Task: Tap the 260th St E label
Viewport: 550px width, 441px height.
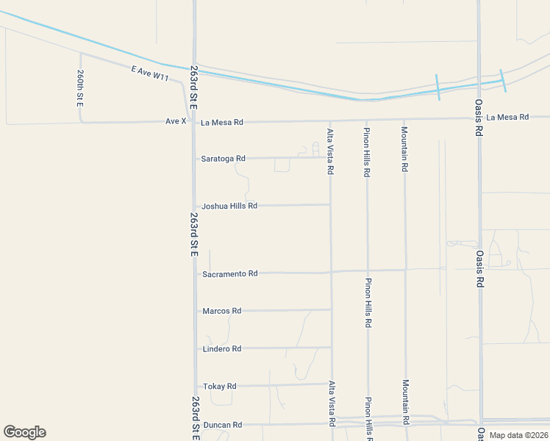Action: [80, 88]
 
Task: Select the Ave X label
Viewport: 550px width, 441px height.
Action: [176, 121]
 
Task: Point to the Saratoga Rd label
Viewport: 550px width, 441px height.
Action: [223, 158]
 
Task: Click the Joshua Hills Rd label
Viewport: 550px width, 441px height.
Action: [229, 206]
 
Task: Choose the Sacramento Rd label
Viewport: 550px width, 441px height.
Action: [229, 273]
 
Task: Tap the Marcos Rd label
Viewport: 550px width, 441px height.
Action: [221, 311]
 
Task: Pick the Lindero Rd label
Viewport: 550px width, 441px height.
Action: [221, 348]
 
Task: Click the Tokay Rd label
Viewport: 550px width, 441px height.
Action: [219, 386]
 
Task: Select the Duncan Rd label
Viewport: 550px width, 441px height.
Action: [222, 425]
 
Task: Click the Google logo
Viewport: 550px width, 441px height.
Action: [24, 432]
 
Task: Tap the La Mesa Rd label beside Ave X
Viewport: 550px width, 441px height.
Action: [221, 122]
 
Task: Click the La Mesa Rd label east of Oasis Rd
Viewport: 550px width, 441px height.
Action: [507, 117]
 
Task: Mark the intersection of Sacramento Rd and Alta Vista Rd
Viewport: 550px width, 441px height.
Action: [331, 272]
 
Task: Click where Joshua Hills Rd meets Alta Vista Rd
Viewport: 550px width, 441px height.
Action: [330, 205]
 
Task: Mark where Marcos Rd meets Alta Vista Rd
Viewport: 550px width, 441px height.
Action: [331, 310]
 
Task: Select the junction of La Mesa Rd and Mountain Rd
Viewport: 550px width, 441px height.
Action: [404, 119]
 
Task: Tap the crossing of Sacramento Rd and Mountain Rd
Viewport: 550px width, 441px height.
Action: [405, 270]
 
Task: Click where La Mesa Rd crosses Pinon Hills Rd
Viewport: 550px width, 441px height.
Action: [366, 120]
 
